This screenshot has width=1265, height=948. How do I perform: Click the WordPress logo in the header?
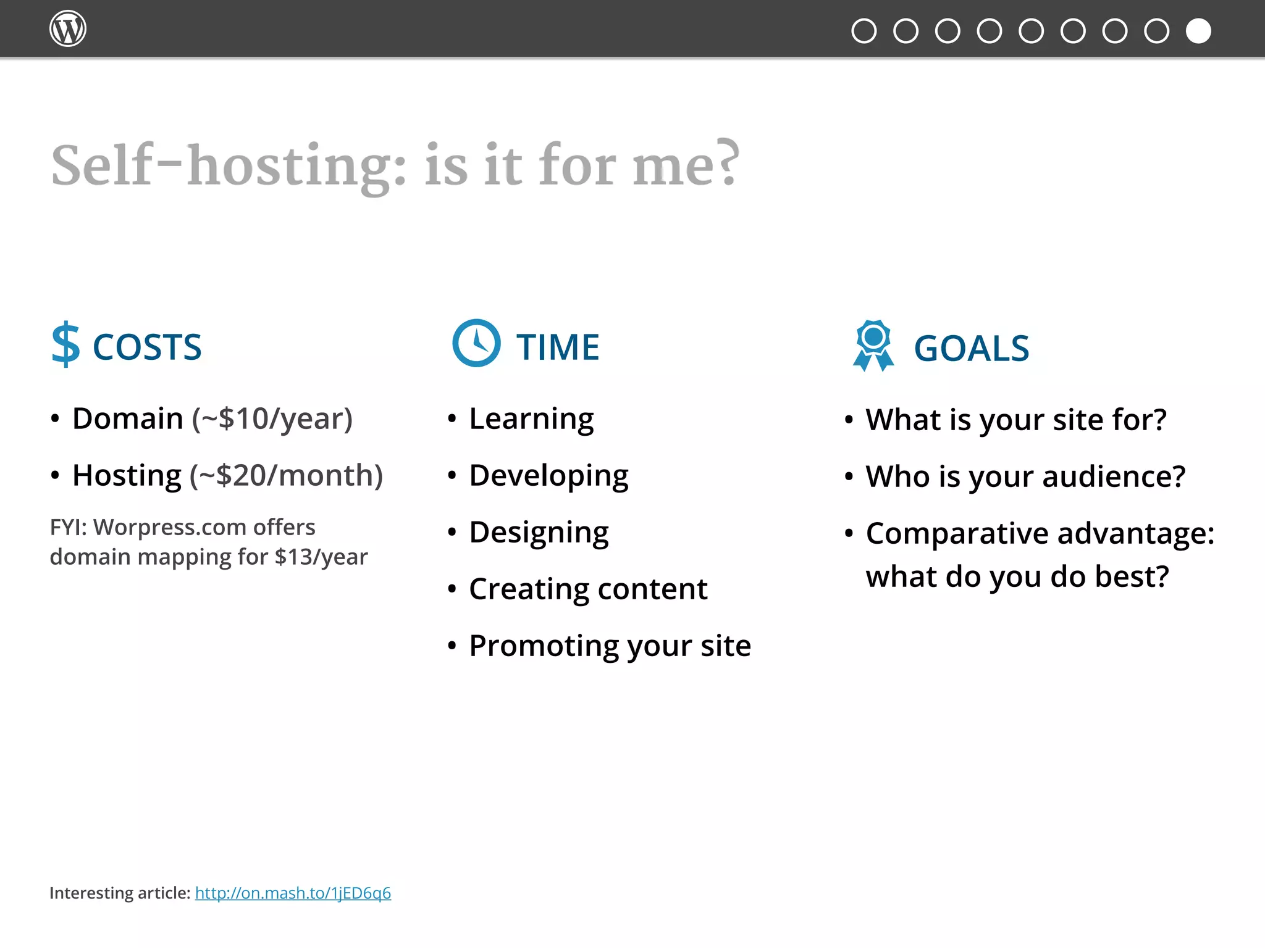pos(67,29)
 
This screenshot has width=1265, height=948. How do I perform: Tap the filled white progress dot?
pos(1198,31)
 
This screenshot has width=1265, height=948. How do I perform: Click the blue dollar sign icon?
pos(65,345)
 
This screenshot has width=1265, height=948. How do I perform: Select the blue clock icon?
pos(476,343)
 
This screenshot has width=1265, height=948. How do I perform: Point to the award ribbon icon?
pos(873,346)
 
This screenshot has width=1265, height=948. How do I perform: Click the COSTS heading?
pos(147,347)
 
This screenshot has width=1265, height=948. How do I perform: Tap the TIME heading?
pos(558,347)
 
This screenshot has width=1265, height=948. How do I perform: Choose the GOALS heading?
pos(972,349)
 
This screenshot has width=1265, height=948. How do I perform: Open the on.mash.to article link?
pos(293,893)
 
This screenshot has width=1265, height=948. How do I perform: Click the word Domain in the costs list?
pos(128,418)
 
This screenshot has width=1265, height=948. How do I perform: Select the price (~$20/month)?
pos(286,475)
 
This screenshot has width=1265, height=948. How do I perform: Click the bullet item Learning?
pos(531,419)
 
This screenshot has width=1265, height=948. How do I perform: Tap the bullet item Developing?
pos(548,476)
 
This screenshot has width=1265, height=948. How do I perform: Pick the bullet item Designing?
pos(539,533)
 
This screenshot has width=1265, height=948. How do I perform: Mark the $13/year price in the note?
pos(321,557)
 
